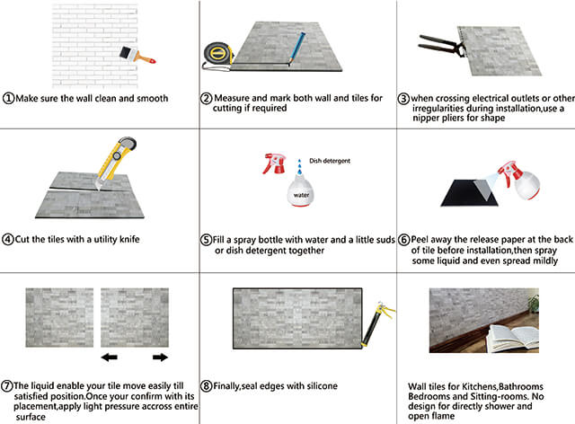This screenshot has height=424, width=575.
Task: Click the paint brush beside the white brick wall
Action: tap(139, 52)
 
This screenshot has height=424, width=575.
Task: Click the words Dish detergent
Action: tap(328, 161)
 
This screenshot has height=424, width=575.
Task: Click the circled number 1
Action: tap(9, 98)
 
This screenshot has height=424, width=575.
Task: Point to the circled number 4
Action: tap(9, 240)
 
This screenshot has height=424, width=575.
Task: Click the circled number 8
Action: tap(207, 386)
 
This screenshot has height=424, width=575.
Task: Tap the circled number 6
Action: tap(404, 241)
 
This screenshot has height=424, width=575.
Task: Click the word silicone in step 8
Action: tap(318, 386)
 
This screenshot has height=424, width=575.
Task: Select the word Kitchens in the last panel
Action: tap(479, 386)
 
